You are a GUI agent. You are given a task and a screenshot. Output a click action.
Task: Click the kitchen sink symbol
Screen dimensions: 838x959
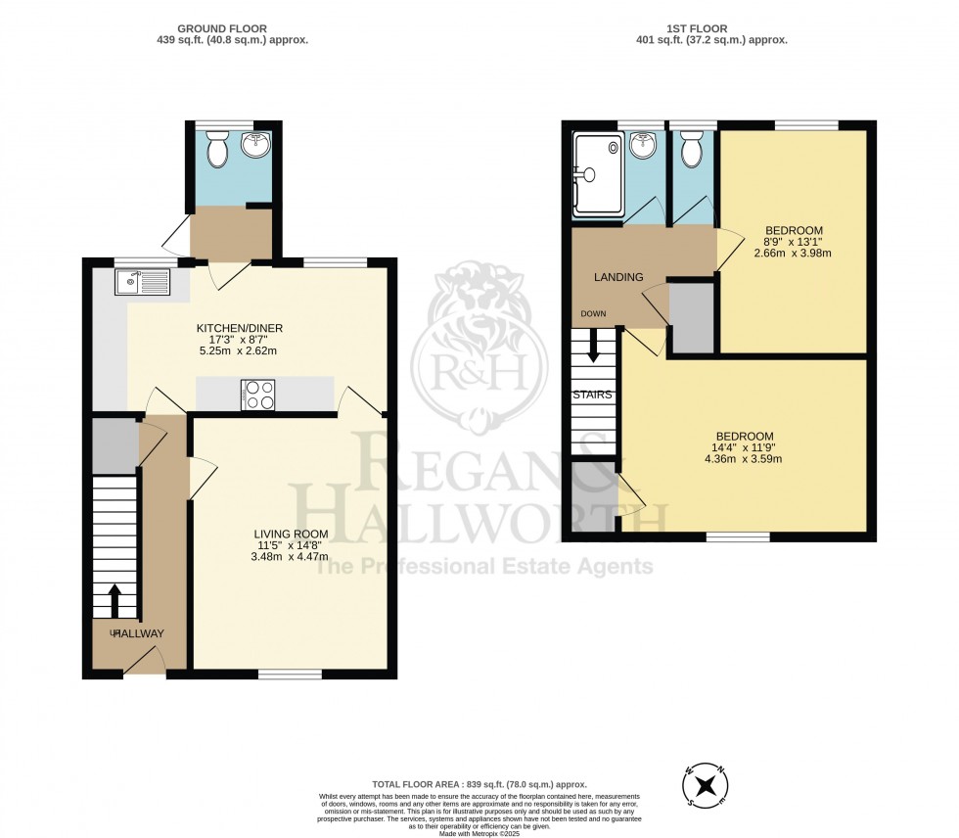142,283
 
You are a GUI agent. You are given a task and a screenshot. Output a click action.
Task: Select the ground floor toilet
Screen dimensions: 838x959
218,150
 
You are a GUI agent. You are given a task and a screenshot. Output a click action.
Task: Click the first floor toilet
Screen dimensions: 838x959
692,151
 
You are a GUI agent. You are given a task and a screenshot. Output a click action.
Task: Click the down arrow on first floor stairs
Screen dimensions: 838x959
591,346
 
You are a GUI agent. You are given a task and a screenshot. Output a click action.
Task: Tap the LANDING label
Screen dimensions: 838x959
618,277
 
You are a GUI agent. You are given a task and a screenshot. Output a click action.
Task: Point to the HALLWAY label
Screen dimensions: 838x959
137,633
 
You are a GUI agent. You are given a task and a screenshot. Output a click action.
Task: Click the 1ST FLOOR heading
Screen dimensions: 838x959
716,29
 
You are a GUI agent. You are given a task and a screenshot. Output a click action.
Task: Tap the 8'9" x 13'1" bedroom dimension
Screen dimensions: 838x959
794,245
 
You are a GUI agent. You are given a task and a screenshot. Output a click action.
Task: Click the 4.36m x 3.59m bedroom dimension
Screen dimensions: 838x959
744,458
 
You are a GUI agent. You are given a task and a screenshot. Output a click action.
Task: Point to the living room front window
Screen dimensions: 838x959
291,674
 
